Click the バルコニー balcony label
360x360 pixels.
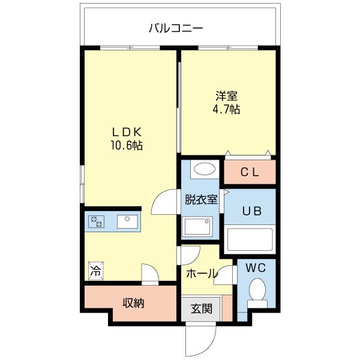(175, 28)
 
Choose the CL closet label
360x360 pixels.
(250, 172)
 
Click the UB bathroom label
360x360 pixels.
(250, 211)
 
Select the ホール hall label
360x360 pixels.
(202, 274)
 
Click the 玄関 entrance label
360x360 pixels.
(202, 310)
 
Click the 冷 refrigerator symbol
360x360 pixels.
(95, 271)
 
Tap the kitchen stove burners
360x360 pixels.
(96, 222)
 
